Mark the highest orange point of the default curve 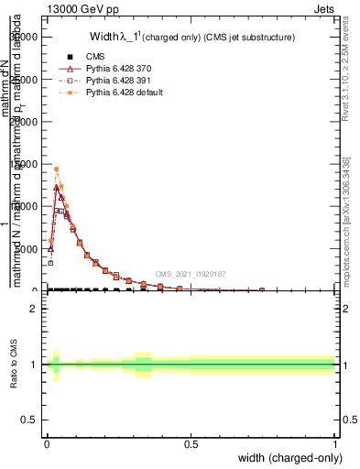56,169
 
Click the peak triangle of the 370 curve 56,188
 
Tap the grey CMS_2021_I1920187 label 191,273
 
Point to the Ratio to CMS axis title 16,365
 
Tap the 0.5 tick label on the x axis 191,442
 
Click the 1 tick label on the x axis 334,442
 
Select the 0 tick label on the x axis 47,442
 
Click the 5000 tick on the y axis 27,248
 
